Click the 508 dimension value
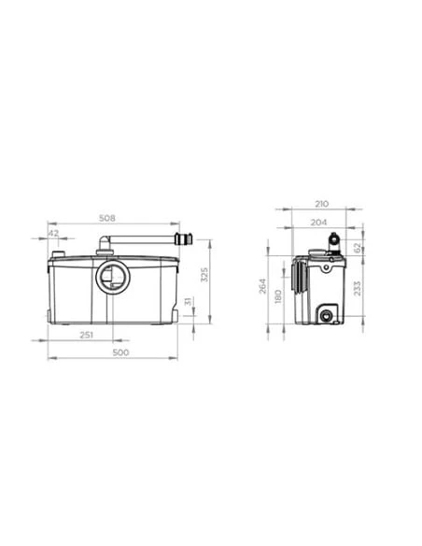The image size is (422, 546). (107, 219)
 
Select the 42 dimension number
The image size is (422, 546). (54, 233)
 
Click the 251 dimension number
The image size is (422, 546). (86, 336)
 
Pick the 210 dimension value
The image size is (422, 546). (320, 202)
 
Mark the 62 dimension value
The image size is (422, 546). (358, 249)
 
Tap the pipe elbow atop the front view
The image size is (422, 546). (105, 247)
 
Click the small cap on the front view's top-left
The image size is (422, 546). (59, 253)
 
